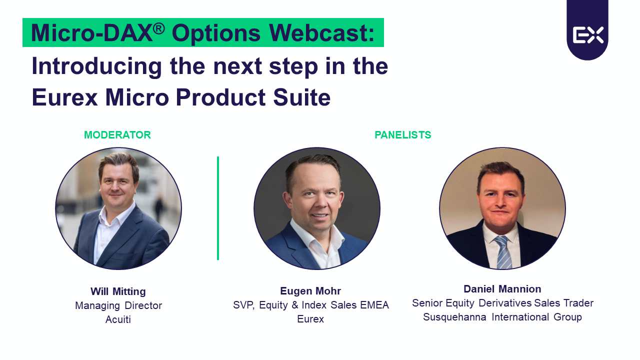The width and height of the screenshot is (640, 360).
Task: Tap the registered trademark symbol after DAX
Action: [158, 28]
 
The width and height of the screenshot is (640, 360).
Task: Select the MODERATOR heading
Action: [117, 135]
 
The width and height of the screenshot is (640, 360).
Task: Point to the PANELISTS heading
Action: [403, 135]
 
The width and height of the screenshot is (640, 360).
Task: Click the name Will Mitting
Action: [118, 291]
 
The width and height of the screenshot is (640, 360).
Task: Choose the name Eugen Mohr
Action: [310, 291]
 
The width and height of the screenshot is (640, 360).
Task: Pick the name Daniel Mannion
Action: [502, 289]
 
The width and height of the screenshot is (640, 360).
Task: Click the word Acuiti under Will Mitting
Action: [118, 319]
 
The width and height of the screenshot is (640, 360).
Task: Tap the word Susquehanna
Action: [454, 317]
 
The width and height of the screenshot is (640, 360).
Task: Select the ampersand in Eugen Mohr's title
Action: [295, 305]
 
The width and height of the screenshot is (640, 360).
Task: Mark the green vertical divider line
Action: [218, 208]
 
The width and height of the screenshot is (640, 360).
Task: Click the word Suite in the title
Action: [302, 97]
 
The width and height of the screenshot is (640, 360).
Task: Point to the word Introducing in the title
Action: [97, 66]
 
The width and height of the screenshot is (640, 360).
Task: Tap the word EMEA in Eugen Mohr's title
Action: [374, 305]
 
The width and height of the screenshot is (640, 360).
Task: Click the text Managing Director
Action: [118, 305]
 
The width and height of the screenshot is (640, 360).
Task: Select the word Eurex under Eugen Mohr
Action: [310, 319]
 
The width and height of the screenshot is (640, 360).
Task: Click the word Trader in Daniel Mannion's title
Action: [578, 303]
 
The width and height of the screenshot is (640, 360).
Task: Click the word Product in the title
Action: [220, 97]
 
